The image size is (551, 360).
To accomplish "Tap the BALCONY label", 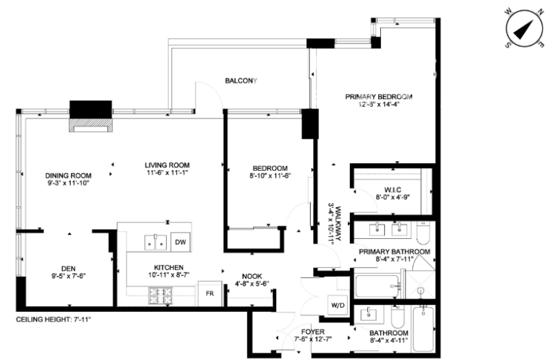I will point(240,81).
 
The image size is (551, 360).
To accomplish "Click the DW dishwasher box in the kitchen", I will point(179,242).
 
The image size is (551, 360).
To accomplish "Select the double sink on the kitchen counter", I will point(156,242).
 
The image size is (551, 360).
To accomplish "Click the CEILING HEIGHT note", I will point(54,320).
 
